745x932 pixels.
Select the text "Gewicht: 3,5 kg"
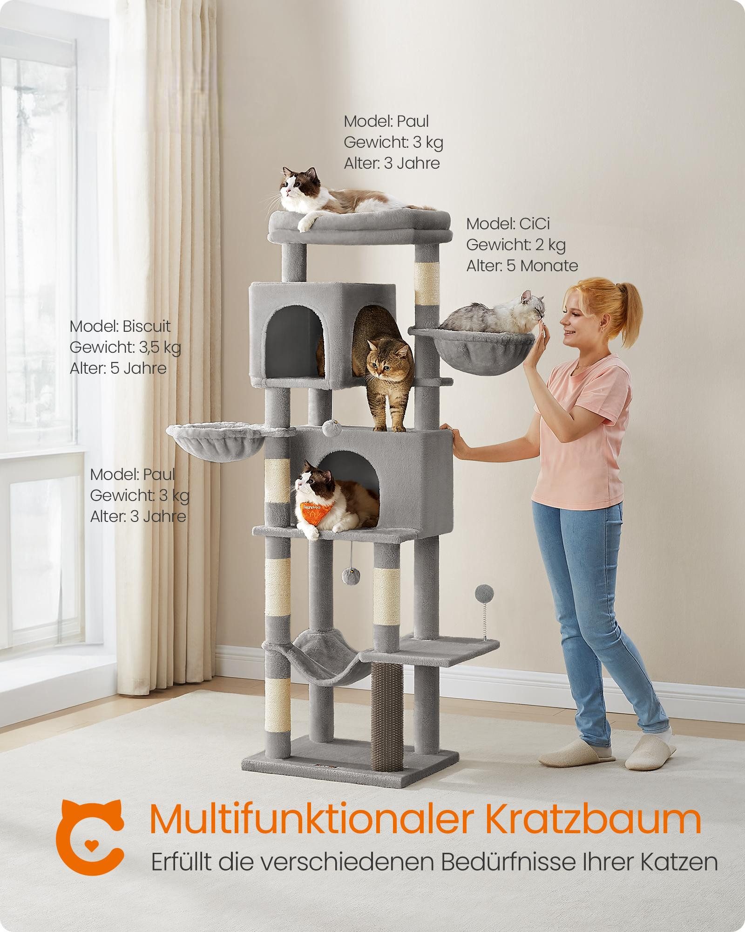coord(125,347)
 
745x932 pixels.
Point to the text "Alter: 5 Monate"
coord(521,266)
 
